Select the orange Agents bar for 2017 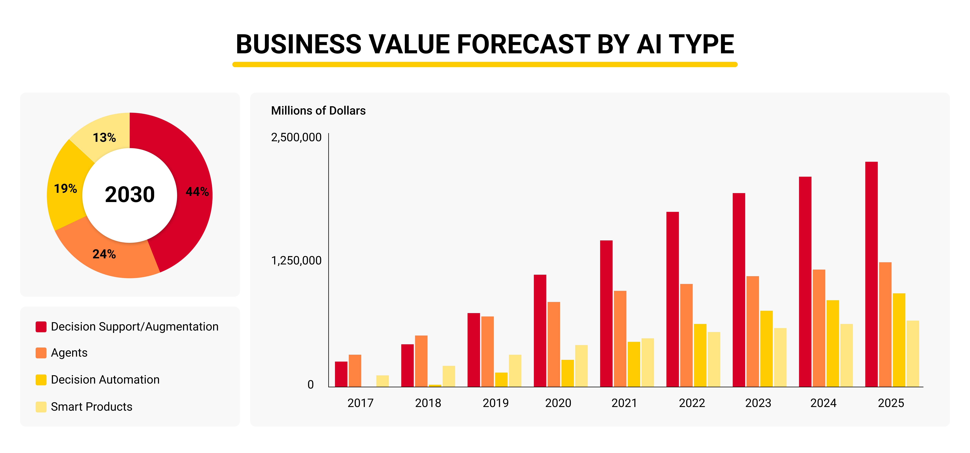coord(355,371)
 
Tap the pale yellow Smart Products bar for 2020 coord(581,366)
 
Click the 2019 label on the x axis coord(496,403)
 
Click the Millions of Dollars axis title coord(318,111)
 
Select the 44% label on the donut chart coord(197,191)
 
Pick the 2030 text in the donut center coord(129,195)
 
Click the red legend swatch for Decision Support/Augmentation coord(41,327)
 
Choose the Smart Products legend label coord(92,407)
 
